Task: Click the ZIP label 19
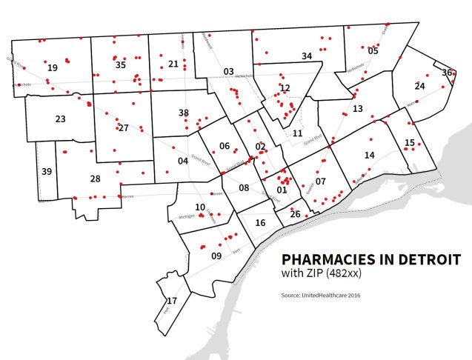(x=52, y=68)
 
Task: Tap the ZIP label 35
(x=121, y=65)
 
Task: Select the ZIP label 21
(x=173, y=64)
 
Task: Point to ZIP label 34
(x=307, y=56)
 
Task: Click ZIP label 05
(x=373, y=51)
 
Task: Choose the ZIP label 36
(x=447, y=73)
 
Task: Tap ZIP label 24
(x=419, y=87)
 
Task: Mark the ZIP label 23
(x=60, y=119)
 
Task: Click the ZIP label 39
(x=47, y=172)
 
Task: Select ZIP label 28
(x=95, y=179)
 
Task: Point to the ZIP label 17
(x=171, y=301)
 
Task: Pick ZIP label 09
(x=216, y=256)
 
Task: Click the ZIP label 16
(x=260, y=223)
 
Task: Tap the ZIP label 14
(x=369, y=156)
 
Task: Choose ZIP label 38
(x=184, y=113)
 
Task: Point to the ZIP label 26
(x=295, y=215)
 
